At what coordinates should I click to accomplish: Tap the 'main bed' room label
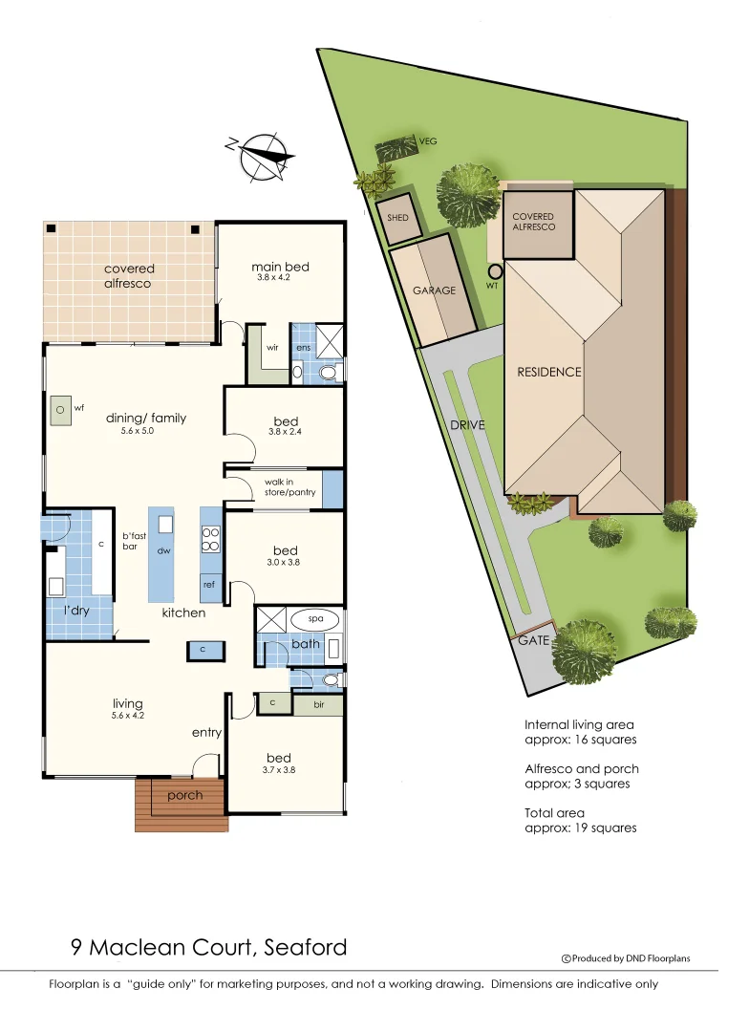pos(280,267)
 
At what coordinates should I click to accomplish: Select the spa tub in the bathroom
pos(315,619)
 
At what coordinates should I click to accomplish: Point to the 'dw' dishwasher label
pos(163,551)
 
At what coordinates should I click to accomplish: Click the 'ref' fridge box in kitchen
pos(209,584)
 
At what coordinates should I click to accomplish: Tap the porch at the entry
pos(184,796)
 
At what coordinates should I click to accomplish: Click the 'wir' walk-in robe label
pos(271,348)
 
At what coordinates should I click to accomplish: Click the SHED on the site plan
pos(397,218)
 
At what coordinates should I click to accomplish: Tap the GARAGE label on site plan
pos(434,290)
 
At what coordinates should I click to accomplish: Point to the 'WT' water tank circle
pos(495,271)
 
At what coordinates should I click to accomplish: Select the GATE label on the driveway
pos(533,640)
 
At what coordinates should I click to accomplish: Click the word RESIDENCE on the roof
pos(548,372)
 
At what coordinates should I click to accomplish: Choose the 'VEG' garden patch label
pos(428,141)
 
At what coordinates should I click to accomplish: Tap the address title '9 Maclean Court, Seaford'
pos(208,948)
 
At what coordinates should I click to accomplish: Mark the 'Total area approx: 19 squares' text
pos(580,820)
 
